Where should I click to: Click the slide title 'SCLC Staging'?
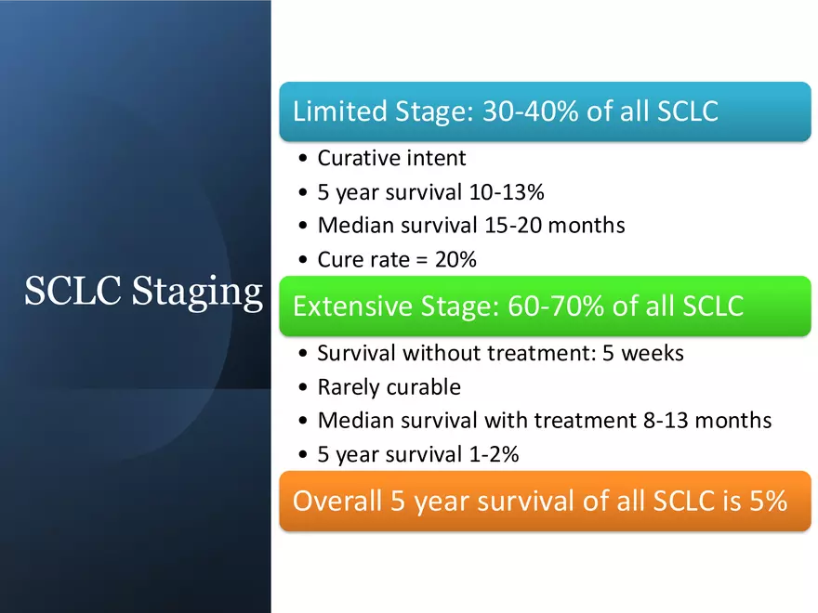click(143, 292)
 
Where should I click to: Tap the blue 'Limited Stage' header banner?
click(545, 112)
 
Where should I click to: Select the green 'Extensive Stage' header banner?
click(545, 306)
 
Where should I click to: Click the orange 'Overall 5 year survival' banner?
click(545, 501)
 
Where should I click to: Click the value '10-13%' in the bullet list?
click(509, 192)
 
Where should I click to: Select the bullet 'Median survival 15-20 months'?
click(470, 226)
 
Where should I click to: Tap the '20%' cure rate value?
click(455, 260)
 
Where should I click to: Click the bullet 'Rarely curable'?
click(389, 386)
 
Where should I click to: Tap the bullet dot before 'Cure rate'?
click(305, 261)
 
